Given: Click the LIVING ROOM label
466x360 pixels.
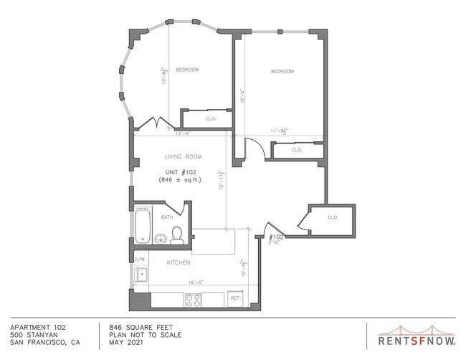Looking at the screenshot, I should coord(183,156).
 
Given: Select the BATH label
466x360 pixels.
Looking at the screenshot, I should coord(166,217).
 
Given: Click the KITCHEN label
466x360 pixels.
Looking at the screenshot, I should coord(179,263).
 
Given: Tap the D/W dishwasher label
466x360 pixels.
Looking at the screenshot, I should coord(140,259).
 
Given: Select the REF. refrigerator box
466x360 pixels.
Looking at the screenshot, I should coord(235,298).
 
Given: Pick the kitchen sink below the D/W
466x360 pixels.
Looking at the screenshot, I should coord(141,274).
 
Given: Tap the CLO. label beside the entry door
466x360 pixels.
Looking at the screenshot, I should coord(333,217).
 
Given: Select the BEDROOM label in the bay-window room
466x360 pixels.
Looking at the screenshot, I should coord(187,70).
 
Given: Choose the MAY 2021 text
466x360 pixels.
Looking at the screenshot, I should coord(125,342).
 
